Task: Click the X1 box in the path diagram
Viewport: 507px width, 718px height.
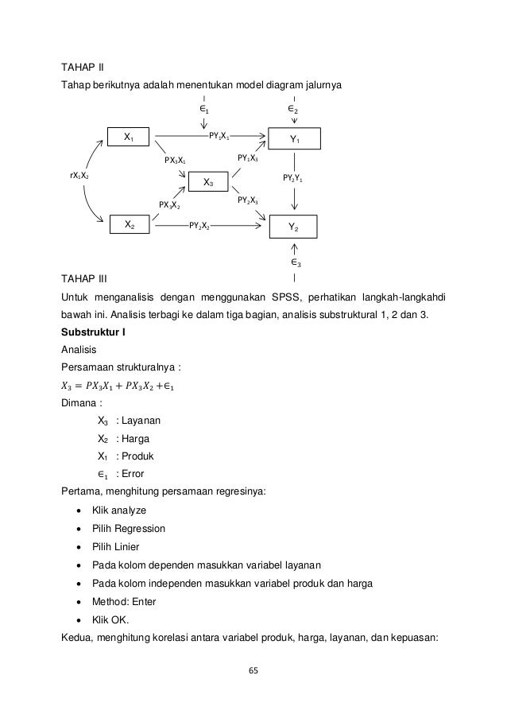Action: click(129, 138)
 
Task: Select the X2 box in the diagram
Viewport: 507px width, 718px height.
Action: click(129, 225)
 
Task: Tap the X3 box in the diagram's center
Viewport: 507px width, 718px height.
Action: click(208, 183)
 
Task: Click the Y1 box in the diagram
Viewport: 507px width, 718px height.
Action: click(294, 139)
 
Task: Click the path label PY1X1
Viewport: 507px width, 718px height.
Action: click(219, 137)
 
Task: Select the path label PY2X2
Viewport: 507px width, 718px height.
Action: click(199, 226)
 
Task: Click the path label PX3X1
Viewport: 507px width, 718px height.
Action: click(175, 160)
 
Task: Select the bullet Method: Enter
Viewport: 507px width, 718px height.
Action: click(122, 602)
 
